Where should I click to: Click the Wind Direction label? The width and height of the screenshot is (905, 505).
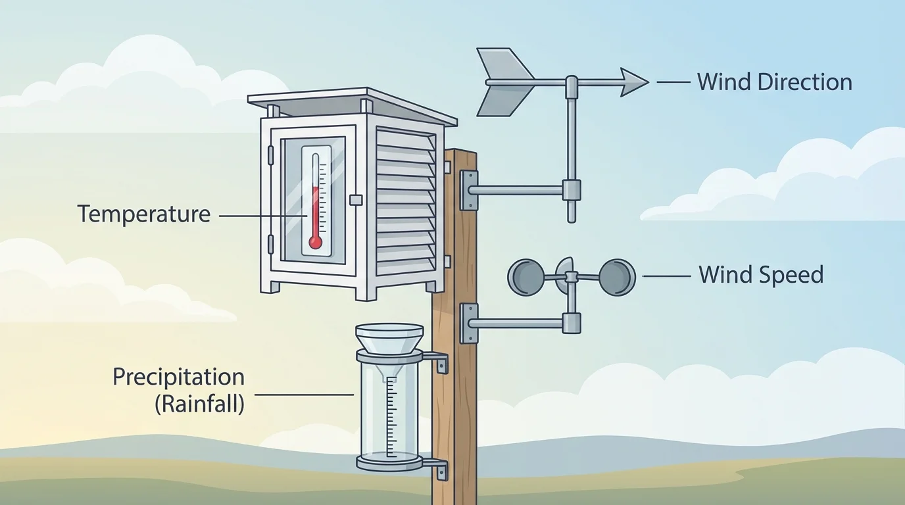click(774, 82)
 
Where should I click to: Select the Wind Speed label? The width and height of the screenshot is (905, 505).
click(761, 274)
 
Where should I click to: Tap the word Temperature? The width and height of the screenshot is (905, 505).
click(144, 214)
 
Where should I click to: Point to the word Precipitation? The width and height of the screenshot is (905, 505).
click(178, 377)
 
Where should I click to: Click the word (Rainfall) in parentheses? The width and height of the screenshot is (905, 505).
click(199, 403)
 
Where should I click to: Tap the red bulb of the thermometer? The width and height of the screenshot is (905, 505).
click(316, 243)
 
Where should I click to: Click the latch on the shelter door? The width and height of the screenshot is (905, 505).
click(356, 199)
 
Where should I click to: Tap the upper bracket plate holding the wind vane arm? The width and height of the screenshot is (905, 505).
click(469, 190)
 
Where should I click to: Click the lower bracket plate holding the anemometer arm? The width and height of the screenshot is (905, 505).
click(469, 323)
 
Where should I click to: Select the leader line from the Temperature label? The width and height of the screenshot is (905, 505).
click(262, 215)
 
